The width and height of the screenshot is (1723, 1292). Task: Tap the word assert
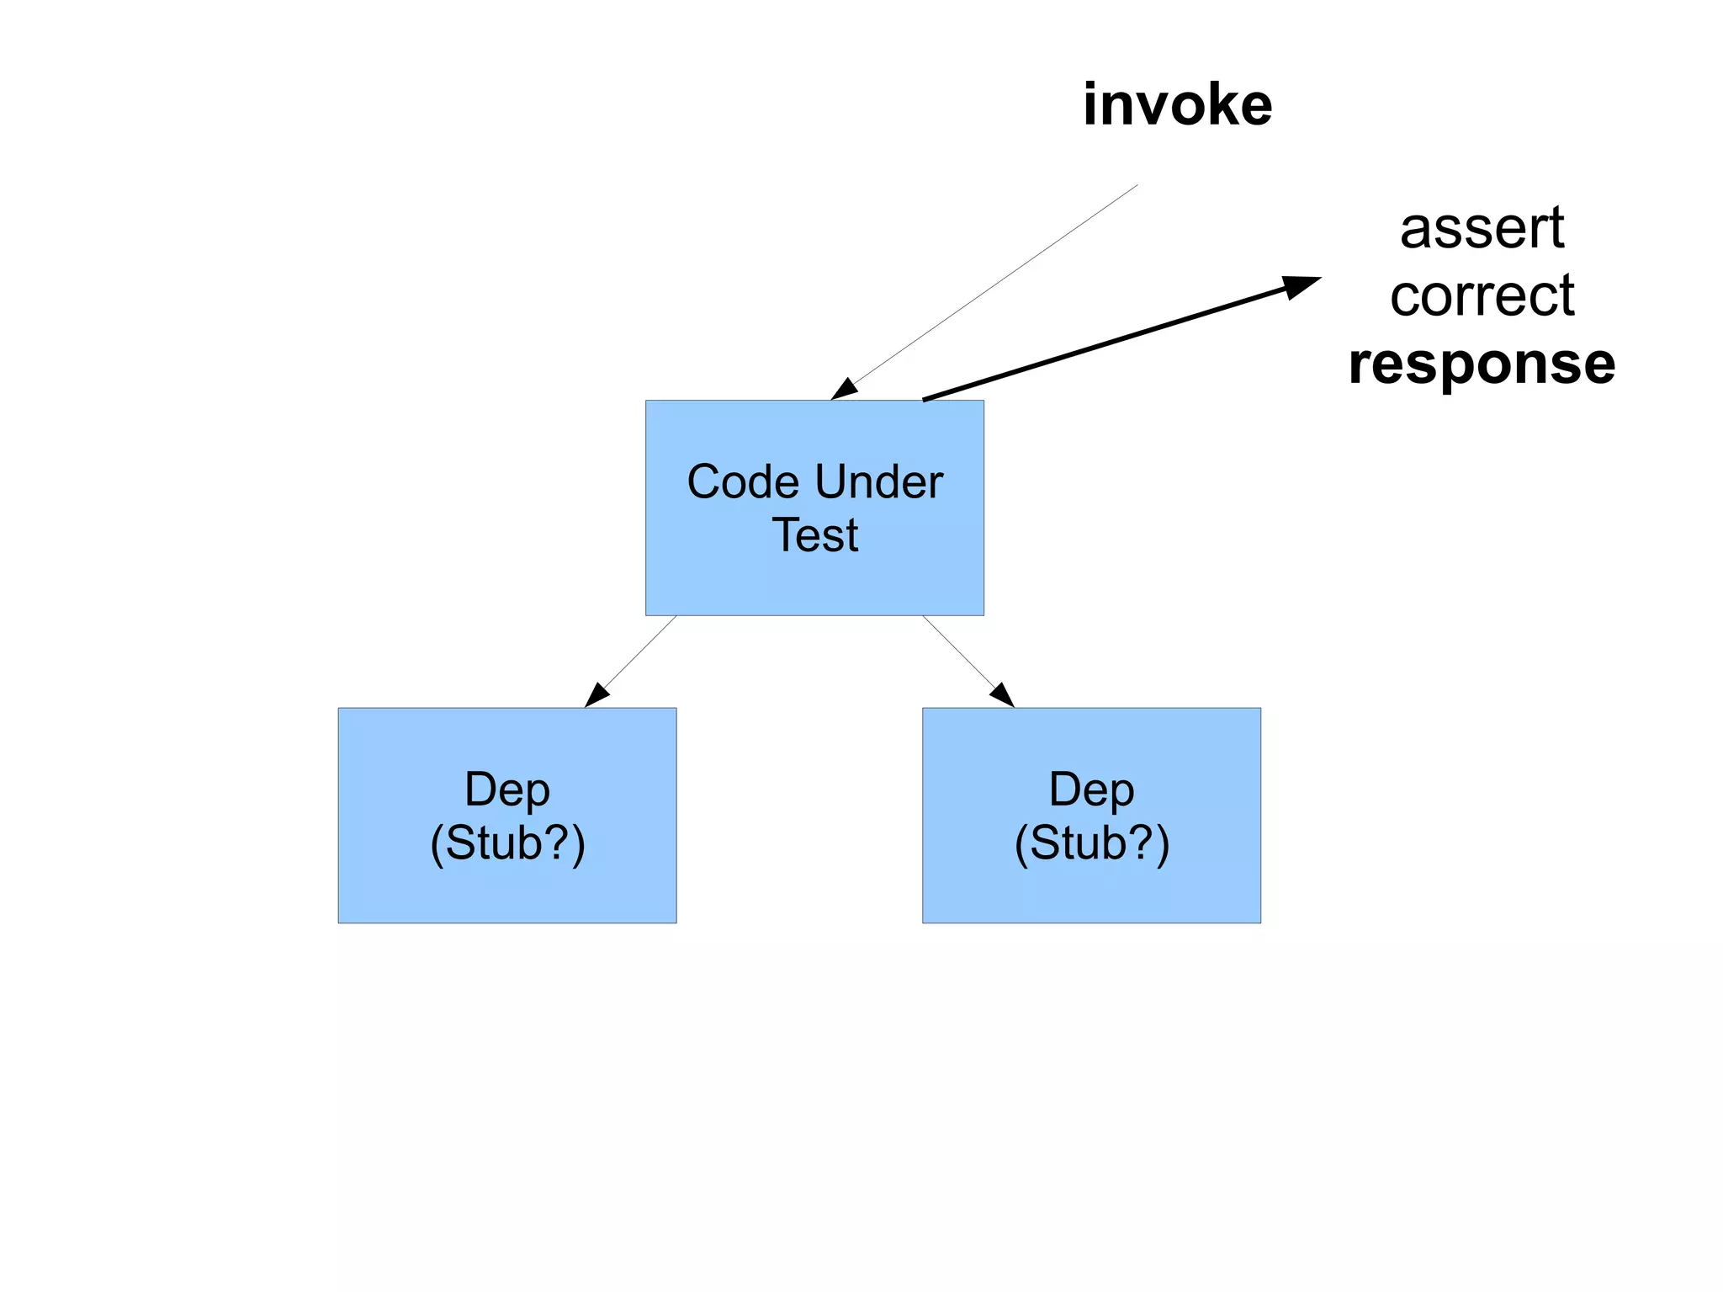point(1482,228)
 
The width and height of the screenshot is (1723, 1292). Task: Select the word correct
point(1482,296)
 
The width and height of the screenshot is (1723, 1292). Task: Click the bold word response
point(1482,364)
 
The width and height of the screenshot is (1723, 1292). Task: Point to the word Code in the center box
point(742,482)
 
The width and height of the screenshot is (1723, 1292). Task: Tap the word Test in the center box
point(814,535)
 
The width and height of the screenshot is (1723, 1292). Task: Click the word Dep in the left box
point(507,790)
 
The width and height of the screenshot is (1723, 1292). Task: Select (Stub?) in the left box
point(507,843)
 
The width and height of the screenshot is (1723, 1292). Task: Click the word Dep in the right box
point(1091,790)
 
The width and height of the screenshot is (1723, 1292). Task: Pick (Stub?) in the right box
point(1091,843)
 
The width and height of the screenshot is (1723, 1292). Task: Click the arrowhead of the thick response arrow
point(1300,286)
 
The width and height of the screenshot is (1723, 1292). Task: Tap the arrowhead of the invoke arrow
point(844,390)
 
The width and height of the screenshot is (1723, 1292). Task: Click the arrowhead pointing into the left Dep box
point(596,695)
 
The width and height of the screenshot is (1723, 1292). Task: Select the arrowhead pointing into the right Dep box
point(1002,695)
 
